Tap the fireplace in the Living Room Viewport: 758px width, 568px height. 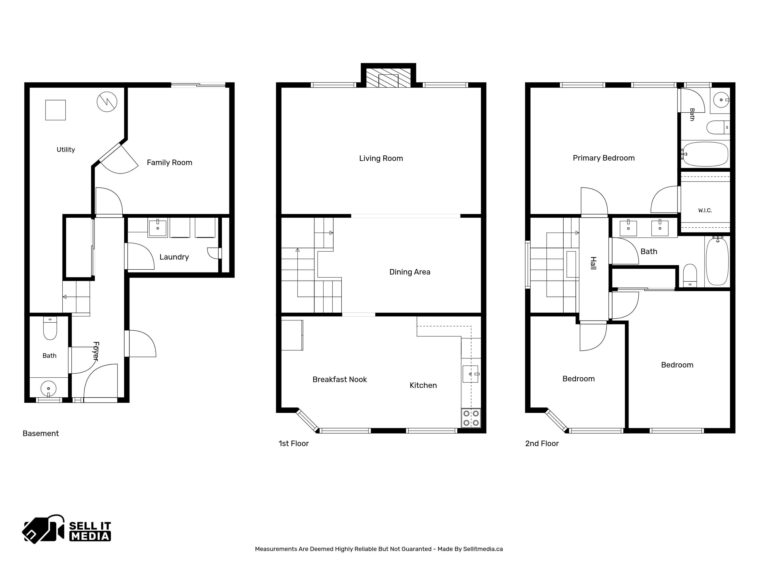pyautogui.click(x=388, y=78)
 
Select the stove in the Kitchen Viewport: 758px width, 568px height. pyautogui.click(x=471, y=418)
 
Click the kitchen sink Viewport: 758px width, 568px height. pyautogui.click(x=471, y=374)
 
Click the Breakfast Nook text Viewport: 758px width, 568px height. pyautogui.click(x=340, y=379)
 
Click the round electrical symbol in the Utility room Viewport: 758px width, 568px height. pyautogui.click(x=107, y=102)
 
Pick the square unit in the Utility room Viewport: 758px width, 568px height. pyautogui.click(x=55, y=110)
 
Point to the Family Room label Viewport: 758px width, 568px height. pyautogui.click(x=169, y=163)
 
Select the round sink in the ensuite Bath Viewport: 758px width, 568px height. pyautogui.click(x=721, y=100)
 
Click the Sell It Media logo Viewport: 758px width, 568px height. pyautogui.click(x=67, y=529)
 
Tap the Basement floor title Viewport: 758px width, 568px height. pyautogui.click(x=41, y=433)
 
